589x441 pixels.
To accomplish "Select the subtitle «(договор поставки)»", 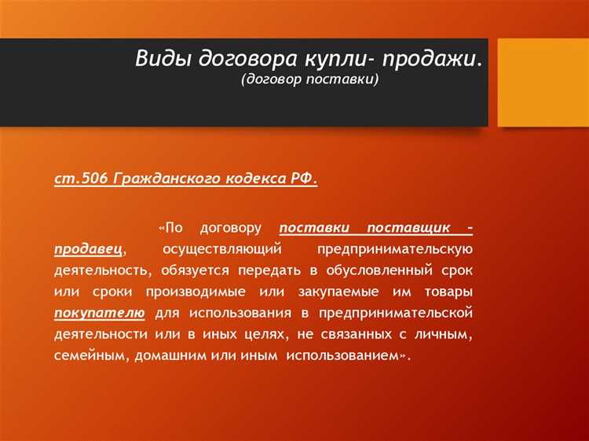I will coord(309,80).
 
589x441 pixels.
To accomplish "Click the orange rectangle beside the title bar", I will coord(543,82).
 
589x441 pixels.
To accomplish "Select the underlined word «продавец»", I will coord(89,249).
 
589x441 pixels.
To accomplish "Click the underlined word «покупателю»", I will coord(100,313).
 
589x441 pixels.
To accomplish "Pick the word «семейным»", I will coord(90,355).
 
